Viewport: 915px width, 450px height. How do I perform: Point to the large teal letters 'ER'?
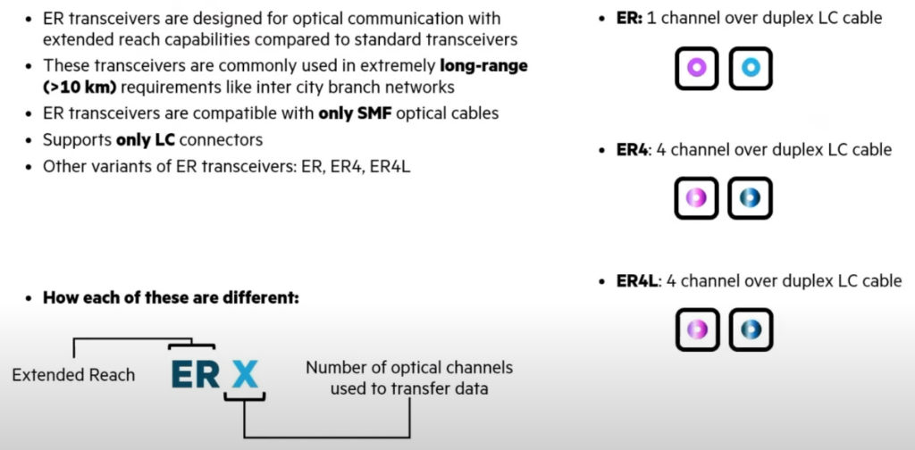[x=195, y=373]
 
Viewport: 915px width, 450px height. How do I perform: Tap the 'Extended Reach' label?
[x=73, y=375]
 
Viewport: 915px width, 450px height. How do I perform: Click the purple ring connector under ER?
[x=696, y=68]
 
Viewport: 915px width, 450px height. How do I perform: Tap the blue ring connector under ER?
[x=750, y=68]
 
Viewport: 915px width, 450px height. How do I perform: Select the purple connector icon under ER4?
[x=696, y=198]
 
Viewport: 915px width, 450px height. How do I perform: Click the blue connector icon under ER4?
[x=750, y=198]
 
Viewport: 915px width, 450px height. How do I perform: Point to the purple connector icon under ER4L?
[x=696, y=329]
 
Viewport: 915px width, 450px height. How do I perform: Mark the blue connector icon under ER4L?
[x=750, y=329]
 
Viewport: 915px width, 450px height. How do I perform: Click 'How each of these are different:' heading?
[x=170, y=297]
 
